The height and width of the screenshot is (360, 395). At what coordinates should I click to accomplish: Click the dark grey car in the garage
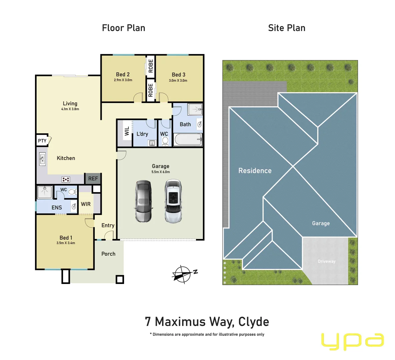click(x=143, y=202)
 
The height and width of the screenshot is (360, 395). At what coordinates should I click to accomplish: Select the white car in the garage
click(x=173, y=201)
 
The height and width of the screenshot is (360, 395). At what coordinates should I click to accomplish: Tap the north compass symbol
click(x=183, y=274)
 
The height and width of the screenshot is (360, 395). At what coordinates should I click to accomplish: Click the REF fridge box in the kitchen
click(x=93, y=179)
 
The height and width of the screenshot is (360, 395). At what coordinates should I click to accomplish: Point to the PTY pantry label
click(x=42, y=141)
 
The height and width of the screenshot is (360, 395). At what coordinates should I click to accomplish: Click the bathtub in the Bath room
click(x=188, y=140)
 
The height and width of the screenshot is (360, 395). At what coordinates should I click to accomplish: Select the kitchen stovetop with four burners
click(x=66, y=180)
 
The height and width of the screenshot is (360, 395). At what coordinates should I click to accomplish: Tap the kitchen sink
click(x=42, y=159)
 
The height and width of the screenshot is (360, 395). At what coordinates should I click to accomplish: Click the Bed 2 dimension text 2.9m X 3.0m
click(x=123, y=80)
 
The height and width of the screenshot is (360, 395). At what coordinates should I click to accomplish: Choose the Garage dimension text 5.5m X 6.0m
click(x=160, y=172)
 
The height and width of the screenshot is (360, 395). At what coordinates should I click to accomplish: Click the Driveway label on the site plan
click(x=327, y=261)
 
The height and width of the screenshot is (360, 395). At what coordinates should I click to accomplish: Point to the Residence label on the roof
click(x=255, y=171)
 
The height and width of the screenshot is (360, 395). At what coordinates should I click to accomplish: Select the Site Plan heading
click(x=287, y=28)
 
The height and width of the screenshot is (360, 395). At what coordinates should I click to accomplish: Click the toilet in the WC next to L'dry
click(x=165, y=141)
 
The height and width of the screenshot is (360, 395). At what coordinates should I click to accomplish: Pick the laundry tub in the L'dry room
click(x=152, y=143)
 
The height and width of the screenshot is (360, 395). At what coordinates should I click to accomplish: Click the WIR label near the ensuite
click(x=86, y=204)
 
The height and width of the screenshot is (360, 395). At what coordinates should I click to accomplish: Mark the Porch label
click(x=108, y=254)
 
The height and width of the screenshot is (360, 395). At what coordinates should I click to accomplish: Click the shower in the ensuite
click(x=44, y=192)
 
